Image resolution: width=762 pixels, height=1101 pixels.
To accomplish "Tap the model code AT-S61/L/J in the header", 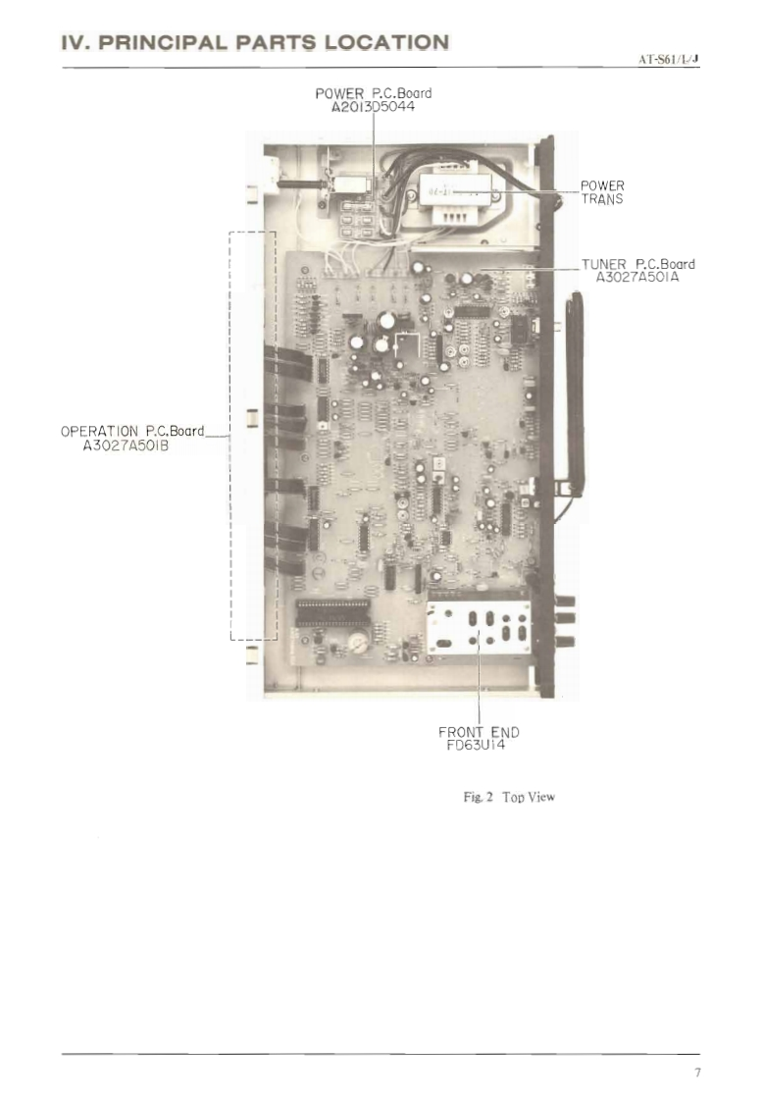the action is [x=669, y=59].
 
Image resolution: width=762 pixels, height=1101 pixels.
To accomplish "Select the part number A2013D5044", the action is [x=374, y=106].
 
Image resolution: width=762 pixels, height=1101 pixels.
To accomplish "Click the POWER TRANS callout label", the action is [x=602, y=191].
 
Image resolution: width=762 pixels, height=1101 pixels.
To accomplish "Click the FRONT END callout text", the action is [x=479, y=731].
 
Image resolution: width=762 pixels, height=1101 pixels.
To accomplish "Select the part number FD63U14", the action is [x=478, y=744].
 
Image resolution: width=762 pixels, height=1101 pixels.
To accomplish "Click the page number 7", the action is [x=697, y=1073].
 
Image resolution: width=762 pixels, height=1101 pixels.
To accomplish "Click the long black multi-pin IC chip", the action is [x=333, y=613].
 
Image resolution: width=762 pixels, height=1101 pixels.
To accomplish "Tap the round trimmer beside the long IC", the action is [x=359, y=643].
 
